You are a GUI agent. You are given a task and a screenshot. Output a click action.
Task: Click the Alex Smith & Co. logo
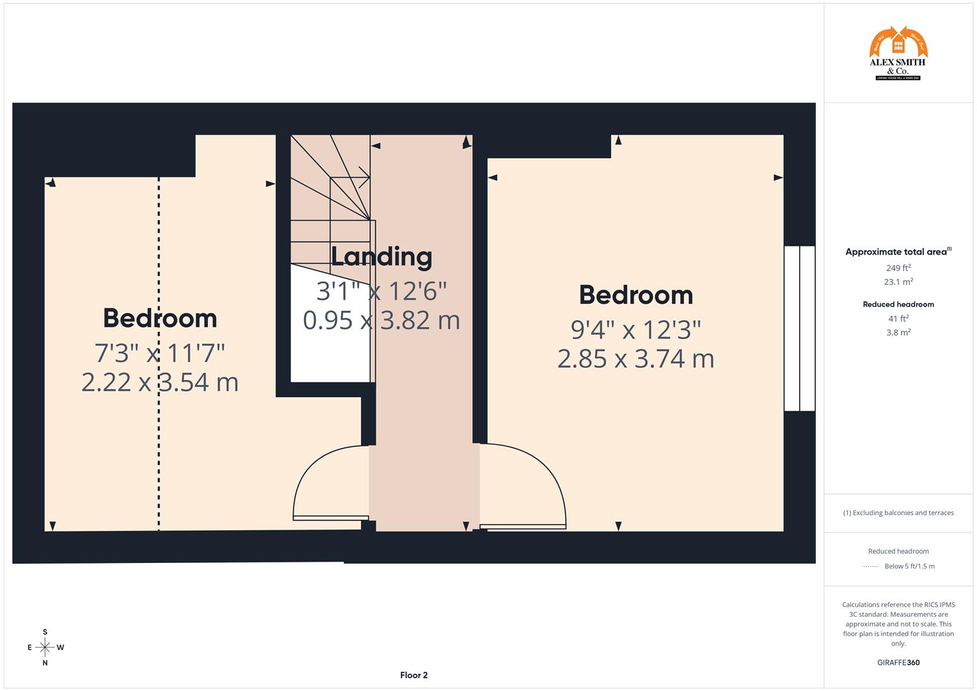click(x=898, y=54)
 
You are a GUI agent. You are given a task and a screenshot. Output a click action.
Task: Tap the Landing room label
click(x=381, y=257)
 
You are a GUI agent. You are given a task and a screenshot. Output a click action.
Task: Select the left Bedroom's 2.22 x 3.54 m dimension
click(x=160, y=382)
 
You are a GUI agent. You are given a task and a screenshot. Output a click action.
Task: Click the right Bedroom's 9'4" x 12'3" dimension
click(x=635, y=330)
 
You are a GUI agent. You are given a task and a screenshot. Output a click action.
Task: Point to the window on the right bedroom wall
click(x=800, y=328)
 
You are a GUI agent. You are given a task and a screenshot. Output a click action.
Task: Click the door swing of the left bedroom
click(x=330, y=483)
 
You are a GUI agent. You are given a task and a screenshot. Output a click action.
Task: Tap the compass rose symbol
click(x=45, y=647)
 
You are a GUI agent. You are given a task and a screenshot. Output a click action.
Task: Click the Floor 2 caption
click(x=414, y=675)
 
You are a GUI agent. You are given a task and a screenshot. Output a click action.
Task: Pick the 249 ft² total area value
click(x=898, y=268)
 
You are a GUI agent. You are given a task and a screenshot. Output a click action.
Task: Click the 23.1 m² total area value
click(x=898, y=282)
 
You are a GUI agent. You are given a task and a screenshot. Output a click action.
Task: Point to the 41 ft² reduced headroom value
click(x=898, y=319)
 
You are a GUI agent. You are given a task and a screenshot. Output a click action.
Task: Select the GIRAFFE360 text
click(x=898, y=662)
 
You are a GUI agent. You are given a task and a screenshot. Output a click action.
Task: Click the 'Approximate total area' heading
click(x=896, y=252)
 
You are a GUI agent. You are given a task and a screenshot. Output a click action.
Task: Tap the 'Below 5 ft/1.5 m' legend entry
click(x=909, y=566)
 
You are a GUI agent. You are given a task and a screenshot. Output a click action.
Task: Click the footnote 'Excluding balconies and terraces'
click(x=898, y=512)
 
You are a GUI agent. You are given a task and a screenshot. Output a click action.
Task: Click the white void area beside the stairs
click(x=330, y=333)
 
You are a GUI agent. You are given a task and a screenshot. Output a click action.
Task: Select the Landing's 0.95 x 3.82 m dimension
click(x=381, y=320)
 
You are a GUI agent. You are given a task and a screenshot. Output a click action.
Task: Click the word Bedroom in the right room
click(x=635, y=295)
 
